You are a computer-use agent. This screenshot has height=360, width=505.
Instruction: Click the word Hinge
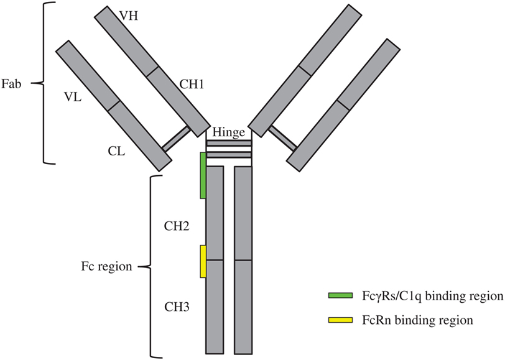coord(228,132)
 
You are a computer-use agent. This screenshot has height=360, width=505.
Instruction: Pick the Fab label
coord(14,82)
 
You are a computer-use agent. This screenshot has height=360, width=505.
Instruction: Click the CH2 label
coord(177,226)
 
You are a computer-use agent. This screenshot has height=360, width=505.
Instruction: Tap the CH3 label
coord(177,307)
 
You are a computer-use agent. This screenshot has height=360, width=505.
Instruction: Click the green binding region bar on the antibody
coord(203,175)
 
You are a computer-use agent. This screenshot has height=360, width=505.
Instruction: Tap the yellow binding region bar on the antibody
coord(203,261)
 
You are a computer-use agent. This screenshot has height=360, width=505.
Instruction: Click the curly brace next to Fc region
coord(149,267)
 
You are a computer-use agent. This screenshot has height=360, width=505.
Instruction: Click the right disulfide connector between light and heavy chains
coord(282,139)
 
